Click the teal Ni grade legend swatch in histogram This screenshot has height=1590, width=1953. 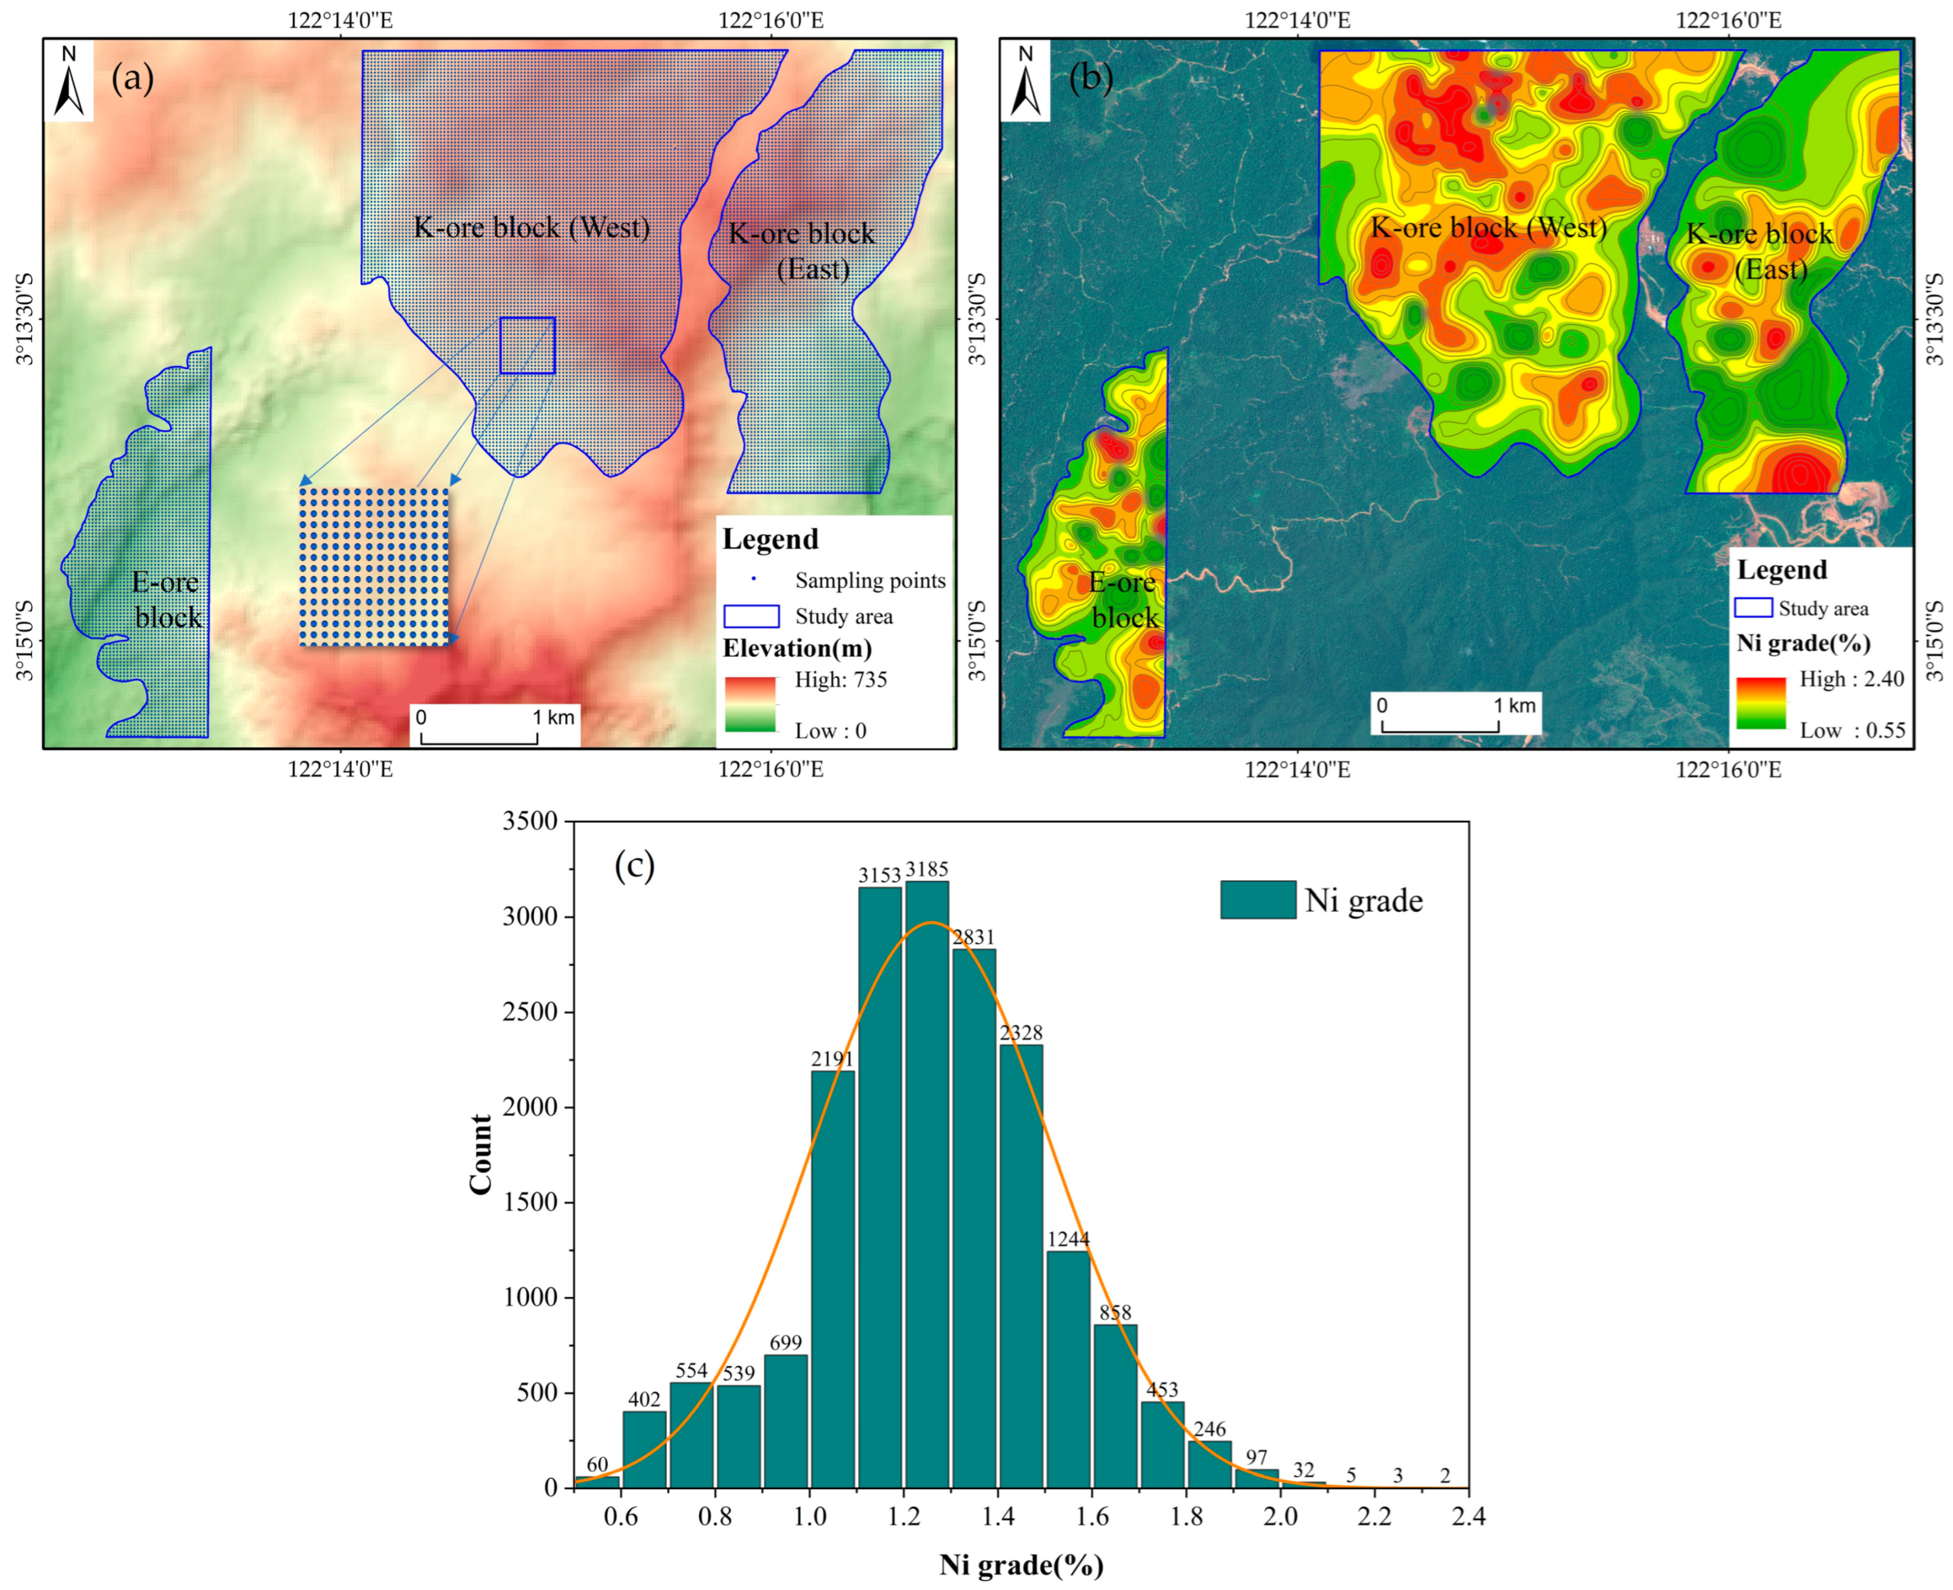click(1257, 899)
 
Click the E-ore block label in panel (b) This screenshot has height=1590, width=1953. click(1124, 600)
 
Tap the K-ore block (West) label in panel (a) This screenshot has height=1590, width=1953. click(532, 227)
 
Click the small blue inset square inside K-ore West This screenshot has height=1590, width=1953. click(527, 345)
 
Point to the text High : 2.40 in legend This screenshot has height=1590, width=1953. click(1850, 679)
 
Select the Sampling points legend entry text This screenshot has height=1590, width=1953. click(870, 580)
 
